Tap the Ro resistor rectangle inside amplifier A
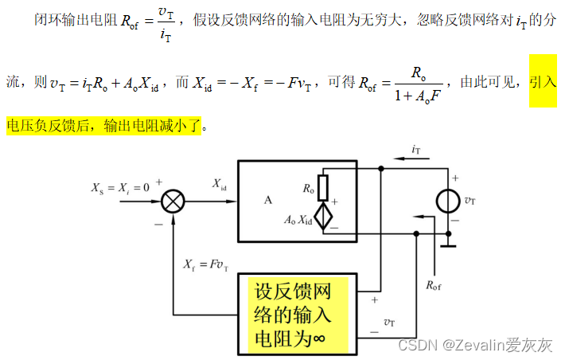pos(322,187)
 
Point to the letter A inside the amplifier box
pos(268,200)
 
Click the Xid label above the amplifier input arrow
pos(220,184)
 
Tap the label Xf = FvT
pos(205,264)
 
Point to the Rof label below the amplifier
pos(434,284)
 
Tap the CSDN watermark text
pos(475,345)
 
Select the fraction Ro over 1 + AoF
pos(418,83)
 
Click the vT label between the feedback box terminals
pos(388,322)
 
